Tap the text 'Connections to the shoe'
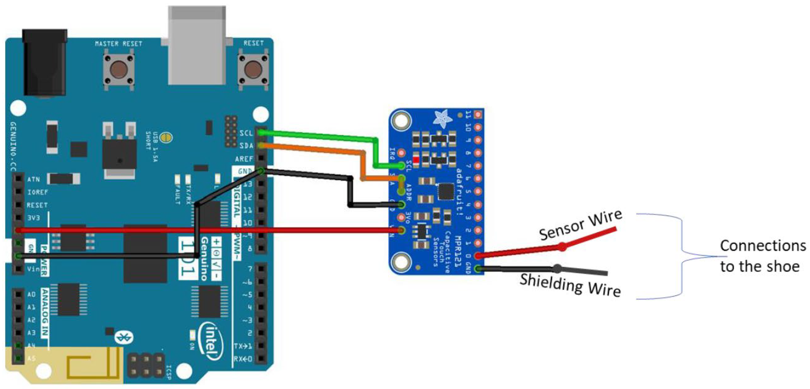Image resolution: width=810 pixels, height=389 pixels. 763,256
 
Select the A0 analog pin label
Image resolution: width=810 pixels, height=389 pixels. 31,294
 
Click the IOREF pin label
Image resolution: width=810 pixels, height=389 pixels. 37,192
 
